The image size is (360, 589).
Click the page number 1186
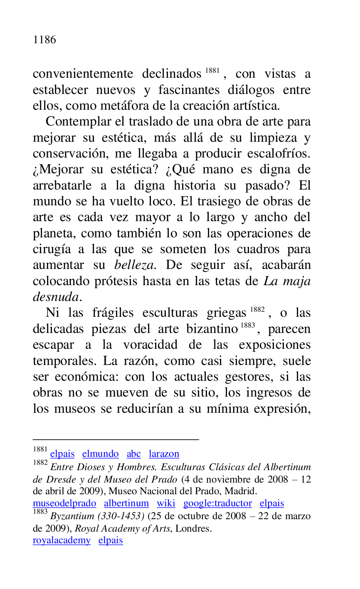[44, 40]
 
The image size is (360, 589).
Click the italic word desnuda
[56, 297]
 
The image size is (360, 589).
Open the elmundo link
[101, 454]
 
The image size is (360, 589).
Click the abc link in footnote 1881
[134, 454]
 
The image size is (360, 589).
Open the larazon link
[164, 454]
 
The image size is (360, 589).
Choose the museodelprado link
[64, 503]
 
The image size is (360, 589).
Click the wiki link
[166, 503]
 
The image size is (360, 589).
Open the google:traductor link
[217, 503]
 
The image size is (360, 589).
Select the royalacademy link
[62, 540]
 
